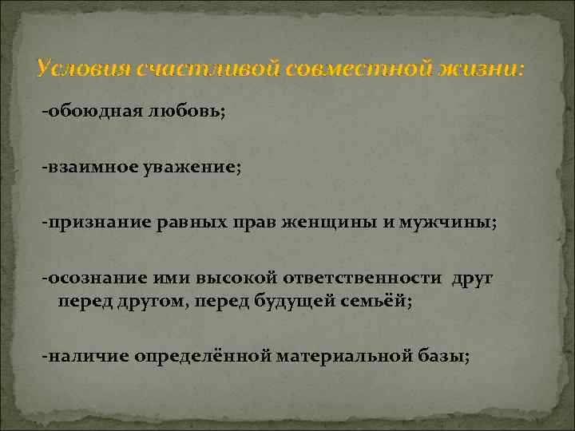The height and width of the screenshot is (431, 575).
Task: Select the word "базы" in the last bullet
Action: (442, 355)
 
